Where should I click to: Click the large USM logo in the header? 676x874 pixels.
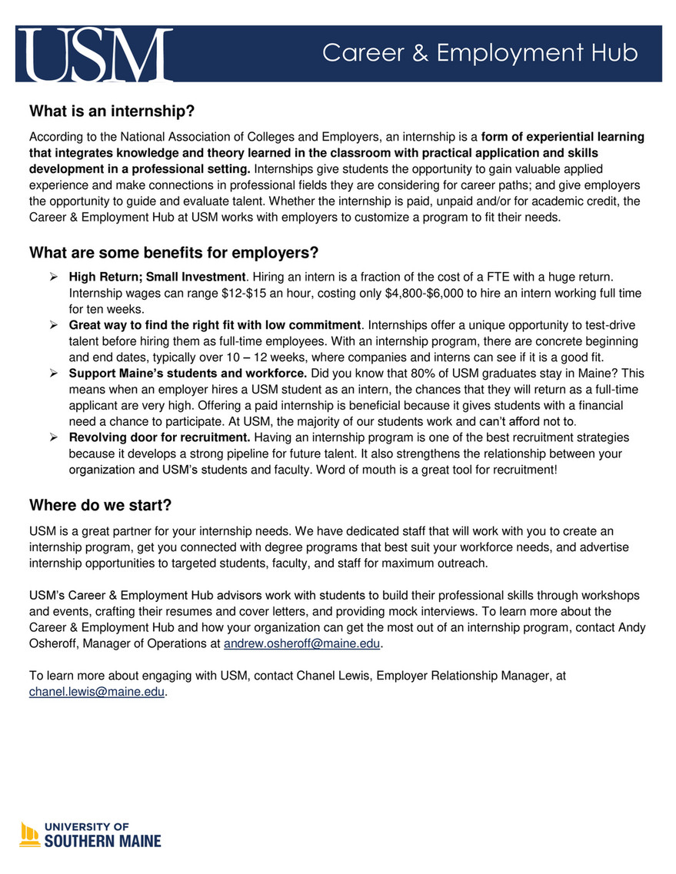94,54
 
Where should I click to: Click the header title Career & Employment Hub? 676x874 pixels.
480,53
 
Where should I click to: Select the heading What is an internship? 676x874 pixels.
112,112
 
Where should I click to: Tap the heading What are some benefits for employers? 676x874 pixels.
174,253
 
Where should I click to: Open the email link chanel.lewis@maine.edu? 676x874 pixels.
97,691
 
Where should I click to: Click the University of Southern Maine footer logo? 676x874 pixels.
91,835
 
